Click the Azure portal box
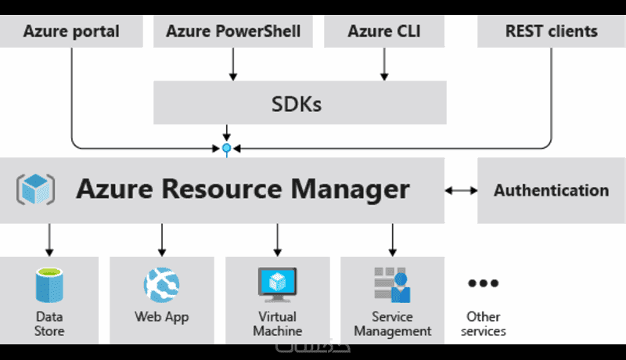click(x=71, y=32)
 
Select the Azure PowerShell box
click(x=233, y=32)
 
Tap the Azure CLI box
click(x=384, y=32)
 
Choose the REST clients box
click(x=551, y=32)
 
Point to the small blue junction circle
click(x=227, y=147)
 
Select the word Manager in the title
click(x=347, y=189)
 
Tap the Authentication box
click(x=551, y=190)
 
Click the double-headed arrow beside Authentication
click(x=461, y=190)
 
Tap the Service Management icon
click(x=392, y=284)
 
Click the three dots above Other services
click(x=483, y=283)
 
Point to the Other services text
click(x=483, y=324)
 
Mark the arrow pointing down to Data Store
click(x=49, y=239)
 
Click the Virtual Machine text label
click(x=275, y=324)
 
